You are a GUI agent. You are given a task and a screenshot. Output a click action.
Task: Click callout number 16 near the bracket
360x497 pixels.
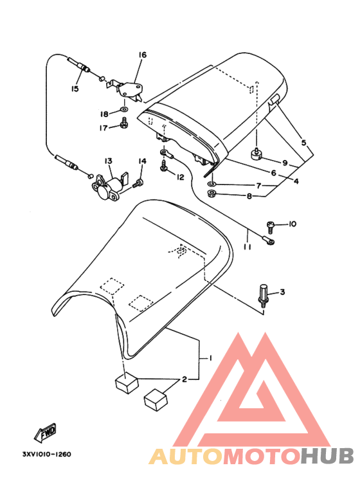pyautogui.click(x=142, y=55)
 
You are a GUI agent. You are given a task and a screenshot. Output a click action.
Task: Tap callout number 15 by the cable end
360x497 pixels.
pyautogui.click(x=75, y=89)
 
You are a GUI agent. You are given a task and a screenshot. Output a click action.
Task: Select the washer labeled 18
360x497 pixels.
pyautogui.click(x=124, y=110)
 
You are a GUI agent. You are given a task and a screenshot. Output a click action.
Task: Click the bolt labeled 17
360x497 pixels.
pyautogui.click(x=124, y=123)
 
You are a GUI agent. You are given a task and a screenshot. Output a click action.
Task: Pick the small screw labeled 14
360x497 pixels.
pyautogui.click(x=138, y=183)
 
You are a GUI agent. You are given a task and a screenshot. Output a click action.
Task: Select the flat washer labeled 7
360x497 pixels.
pyautogui.click(x=212, y=183)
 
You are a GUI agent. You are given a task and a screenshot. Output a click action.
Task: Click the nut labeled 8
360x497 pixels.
pyautogui.click(x=210, y=192)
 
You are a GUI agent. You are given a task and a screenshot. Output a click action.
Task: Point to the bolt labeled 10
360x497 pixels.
pyautogui.click(x=271, y=226)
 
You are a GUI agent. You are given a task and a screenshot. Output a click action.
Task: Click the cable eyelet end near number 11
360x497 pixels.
pyautogui.click(x=269, y=242)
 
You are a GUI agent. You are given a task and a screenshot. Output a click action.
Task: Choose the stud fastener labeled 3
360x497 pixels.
pyautogui.click(x=264, y=295)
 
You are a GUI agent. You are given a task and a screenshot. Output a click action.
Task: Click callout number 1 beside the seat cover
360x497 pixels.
pyautogui.click(x=210, y=358)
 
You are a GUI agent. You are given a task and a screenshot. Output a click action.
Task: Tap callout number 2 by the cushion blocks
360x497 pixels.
pyautogui.click(x=184, y=379)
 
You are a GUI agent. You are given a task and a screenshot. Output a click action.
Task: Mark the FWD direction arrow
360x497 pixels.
pyautogui.click(x=45, y=432)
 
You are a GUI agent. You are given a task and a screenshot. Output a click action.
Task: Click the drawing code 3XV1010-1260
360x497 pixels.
pyautogui.click(x=46, y=454)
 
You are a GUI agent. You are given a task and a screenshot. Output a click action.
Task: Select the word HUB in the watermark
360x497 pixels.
pyautogui.click(x=327, y=456)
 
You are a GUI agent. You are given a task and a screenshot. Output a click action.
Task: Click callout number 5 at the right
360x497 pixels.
pyautogui.click(x=303, y=143)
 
